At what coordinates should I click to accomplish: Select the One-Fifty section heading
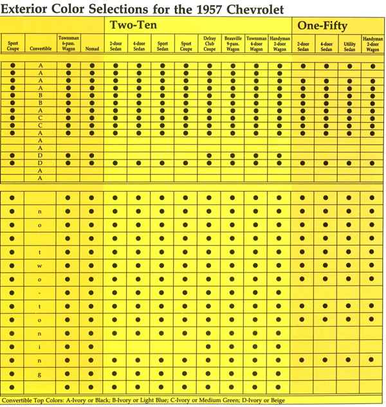[323, 26]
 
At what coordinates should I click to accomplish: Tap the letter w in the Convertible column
[40, 264]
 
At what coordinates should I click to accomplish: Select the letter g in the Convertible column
[40, 374]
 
